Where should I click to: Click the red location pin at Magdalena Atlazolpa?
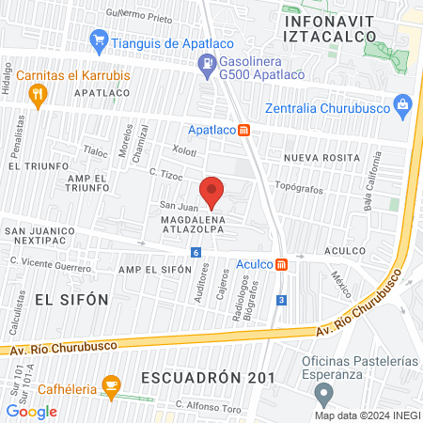tap(212, 191)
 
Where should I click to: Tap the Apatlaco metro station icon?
tap(243, 129)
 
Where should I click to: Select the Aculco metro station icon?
tap(281, 264)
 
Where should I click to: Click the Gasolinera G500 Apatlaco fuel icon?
tap(204, 64)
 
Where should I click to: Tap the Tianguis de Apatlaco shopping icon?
tap(99, 41)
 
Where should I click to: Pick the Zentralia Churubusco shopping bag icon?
tap(402, 102)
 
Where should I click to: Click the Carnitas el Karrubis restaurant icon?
tap(38, 93)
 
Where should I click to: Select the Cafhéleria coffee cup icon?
tap(112, 384)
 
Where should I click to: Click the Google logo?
tap(31, 411)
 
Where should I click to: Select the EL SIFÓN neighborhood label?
tap(71, 299)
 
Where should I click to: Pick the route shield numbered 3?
tap(281, 300)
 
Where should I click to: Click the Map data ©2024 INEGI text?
tap(367, 415)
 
